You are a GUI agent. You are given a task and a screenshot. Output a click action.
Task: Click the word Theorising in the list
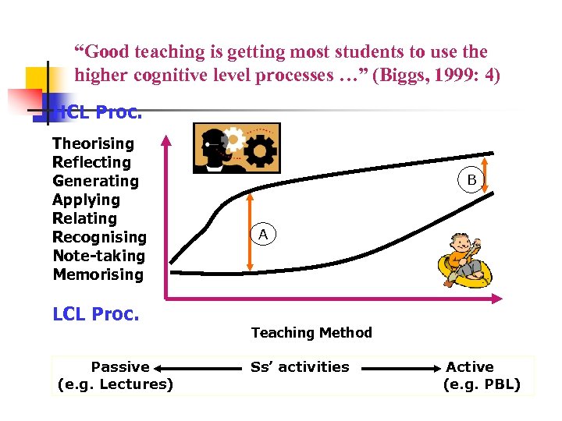93,143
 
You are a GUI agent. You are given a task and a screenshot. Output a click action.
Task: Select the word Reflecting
91,162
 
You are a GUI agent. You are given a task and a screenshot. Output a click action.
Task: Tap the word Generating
95,181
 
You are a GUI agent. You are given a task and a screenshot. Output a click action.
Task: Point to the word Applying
86,200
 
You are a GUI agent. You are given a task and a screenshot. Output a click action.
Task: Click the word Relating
84,218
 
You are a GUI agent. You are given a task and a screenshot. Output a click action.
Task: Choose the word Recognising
99,237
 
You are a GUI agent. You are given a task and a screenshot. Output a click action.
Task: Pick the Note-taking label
98,256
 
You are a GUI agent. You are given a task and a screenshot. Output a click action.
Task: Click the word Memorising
98,274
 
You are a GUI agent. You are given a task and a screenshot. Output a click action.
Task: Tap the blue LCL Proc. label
95,314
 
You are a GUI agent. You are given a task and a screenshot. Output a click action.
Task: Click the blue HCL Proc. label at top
100,112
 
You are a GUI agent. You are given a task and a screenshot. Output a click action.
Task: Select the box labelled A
263,234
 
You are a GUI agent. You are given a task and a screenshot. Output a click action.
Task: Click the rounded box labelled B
471,180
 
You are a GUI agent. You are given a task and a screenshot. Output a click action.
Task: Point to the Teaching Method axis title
311,333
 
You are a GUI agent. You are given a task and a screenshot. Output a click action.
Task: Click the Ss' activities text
300,366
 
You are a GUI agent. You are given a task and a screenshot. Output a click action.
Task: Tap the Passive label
120,366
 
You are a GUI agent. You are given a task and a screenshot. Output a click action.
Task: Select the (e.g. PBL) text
481,384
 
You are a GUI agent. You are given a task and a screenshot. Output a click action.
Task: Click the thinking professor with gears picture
237,147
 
